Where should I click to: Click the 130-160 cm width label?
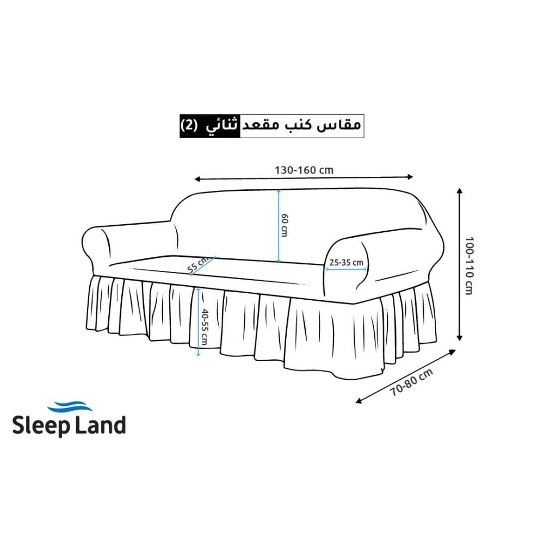[x=304, y=170]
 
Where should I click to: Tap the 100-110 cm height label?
[x=469, y=264]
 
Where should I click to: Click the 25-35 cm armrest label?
[x=346, y=262]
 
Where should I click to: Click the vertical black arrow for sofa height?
[x=460, y=264]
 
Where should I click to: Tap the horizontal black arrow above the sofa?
[x=304, y=178]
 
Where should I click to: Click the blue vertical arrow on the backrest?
[x=279, y=225]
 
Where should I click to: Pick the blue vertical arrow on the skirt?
[x=199, y=322]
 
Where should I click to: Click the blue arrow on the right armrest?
[x=346, y=269]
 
